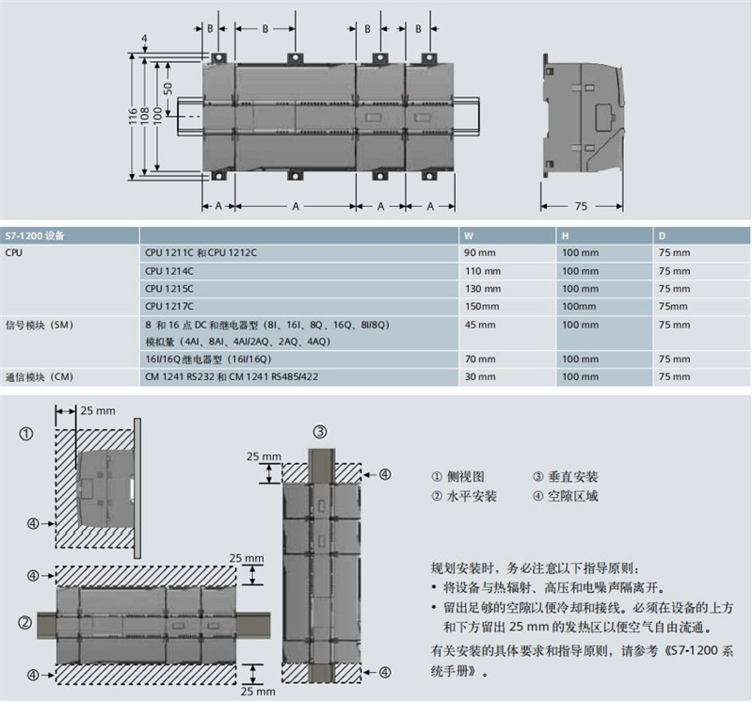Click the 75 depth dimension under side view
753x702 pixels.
click(581, 206)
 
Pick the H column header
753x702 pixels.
click(565, 234)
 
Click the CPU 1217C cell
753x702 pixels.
click(168, 306)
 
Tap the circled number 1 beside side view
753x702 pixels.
click(26, 434)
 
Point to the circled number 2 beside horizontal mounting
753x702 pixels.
click(26, 623)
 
